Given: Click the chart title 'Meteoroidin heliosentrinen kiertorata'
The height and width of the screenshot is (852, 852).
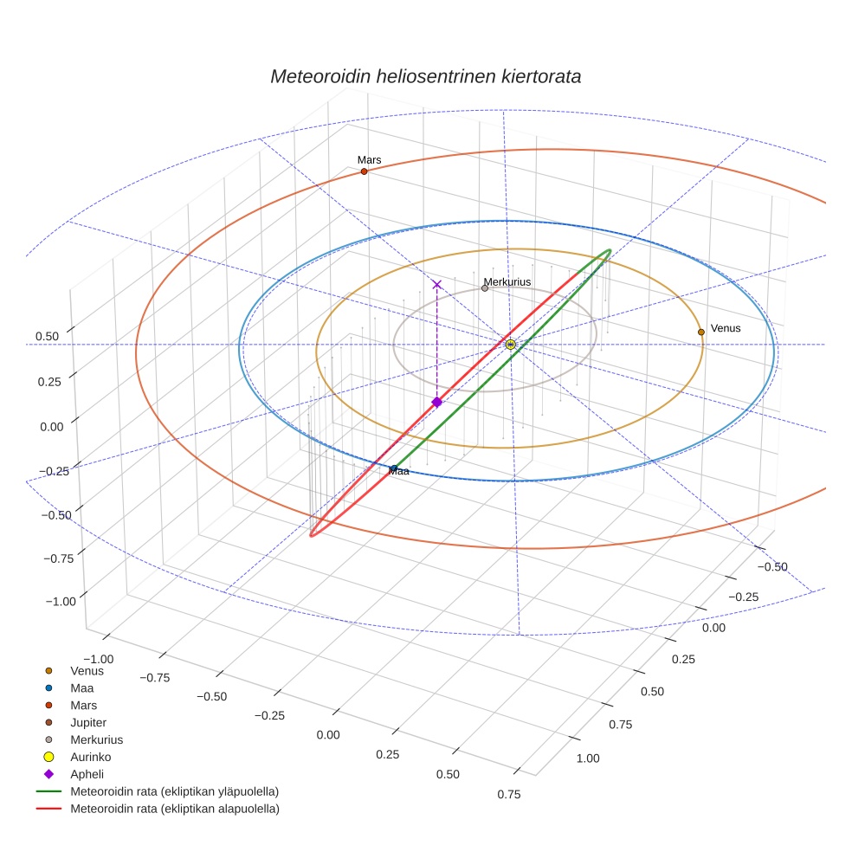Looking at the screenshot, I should (425, 76).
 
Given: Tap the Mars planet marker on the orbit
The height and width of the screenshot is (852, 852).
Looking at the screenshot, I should (364, 171).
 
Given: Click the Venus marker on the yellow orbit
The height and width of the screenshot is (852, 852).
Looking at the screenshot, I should (701, 332).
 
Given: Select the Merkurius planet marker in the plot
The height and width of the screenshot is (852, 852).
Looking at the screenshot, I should (485, 288).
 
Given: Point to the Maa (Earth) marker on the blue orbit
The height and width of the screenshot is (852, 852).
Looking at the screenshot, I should (394, 468).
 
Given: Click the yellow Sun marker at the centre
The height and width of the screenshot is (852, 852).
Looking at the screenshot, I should (511, 345).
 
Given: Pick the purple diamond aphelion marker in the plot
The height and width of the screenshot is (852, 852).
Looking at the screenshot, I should (437, 402).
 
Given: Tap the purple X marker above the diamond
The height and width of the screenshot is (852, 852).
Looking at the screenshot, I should (437, 284).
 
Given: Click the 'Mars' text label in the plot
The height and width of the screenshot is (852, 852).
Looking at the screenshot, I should (369, 159).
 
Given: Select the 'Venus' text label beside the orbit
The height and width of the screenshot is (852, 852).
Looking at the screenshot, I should (726, 328).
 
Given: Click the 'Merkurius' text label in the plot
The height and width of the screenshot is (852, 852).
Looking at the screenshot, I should (507, 281).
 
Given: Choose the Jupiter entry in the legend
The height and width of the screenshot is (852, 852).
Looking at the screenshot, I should (88, 722).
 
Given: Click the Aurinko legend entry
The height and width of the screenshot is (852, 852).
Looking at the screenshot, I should (90, 757).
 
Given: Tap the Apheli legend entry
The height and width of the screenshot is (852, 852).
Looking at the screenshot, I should (87, 774).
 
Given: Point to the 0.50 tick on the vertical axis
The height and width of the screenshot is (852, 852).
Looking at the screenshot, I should (48, 336).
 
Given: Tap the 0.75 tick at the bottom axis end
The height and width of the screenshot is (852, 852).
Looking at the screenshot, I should (509, 795).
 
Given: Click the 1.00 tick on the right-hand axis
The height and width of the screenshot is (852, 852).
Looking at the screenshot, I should (587, 758).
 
